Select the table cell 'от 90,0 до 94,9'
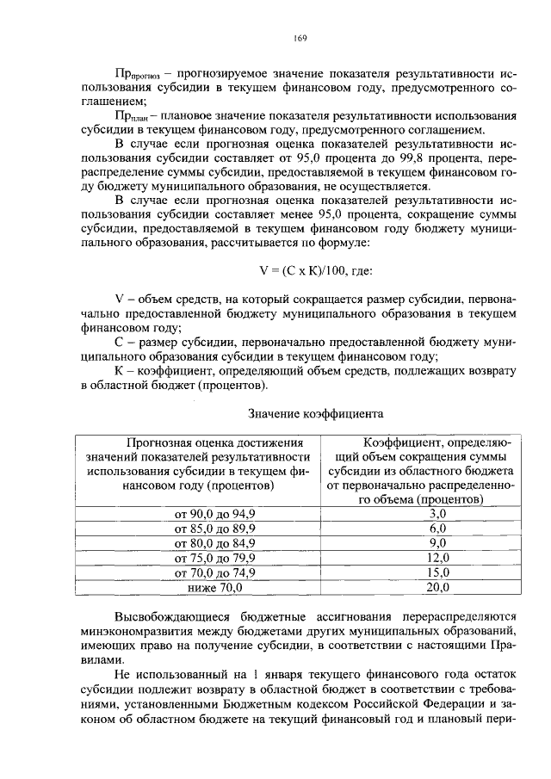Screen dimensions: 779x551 coord(215,513)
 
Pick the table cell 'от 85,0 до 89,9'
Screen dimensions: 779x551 coord(215,528)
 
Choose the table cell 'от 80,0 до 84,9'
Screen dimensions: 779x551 coord(215,543)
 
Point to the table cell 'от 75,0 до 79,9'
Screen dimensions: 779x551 coord(215,558)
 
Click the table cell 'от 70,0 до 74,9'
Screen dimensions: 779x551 coord(215,572)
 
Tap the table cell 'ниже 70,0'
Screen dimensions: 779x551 coord(215,588)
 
